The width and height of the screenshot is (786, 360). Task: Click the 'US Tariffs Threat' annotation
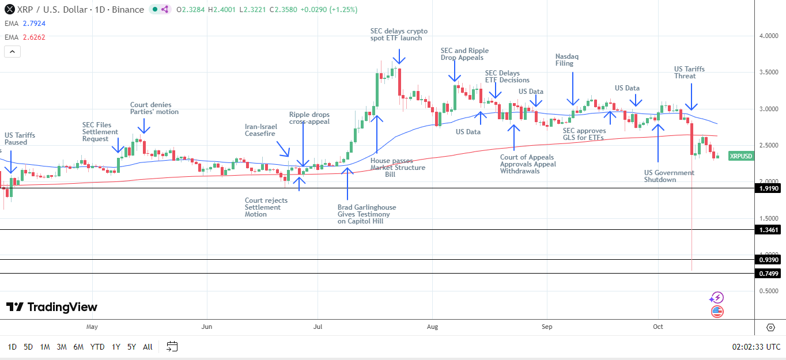[x=689, y=73]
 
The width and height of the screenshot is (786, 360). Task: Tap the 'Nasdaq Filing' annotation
[x=566, y=60]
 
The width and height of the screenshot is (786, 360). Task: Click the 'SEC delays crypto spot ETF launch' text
[x=399, y=35]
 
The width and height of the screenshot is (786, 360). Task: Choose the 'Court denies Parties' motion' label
[x=154, y=108]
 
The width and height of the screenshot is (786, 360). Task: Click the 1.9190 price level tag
[x=769, y=188]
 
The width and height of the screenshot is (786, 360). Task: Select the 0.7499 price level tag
[x=769, y=274]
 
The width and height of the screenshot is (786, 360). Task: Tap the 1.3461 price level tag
[x=769, y=230]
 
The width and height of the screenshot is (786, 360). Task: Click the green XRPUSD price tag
[x=740, y=156]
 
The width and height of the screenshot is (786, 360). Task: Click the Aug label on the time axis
[x=432, y=327]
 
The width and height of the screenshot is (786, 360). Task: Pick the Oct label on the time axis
[x=657, y=327]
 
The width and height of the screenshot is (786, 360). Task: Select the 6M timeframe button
[x=78, y=347]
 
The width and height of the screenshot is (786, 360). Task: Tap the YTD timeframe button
[x=97, y=347]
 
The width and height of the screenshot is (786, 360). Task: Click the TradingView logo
[x=52, y=307]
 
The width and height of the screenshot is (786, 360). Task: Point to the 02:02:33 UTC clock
[x=756, y=347]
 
